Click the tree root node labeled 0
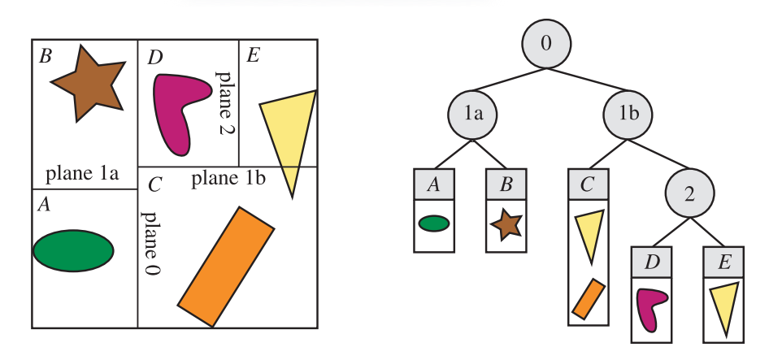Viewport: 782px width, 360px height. (546, 43)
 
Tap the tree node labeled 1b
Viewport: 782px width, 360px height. (628, 115)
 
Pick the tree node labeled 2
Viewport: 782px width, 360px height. (689, 193)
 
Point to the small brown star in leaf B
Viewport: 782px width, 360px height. (506, 223)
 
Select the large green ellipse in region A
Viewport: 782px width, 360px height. (73, 251)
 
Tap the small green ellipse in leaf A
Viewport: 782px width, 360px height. (434, 223)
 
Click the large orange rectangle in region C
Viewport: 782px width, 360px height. (226, 267)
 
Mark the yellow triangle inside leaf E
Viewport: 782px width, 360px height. (723, 307)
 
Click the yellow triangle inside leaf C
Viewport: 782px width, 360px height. (589, 231)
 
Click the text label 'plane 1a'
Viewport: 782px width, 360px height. (83, 174)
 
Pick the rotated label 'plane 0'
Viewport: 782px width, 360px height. (150, 244)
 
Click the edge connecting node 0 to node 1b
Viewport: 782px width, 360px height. (588, 80)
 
